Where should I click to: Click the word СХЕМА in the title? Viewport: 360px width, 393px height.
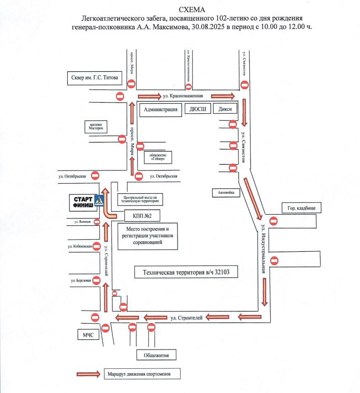click(x=192, y=10)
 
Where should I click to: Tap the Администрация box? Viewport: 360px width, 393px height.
click(x=161, y=110)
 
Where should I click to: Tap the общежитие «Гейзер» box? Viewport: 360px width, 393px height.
click(x=158, y=157)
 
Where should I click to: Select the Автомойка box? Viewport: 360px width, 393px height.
click(x=226, y=193)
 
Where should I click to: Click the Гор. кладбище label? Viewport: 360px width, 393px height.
click(x=299, y=208)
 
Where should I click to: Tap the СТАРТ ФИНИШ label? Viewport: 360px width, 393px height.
click(x=82, y=202)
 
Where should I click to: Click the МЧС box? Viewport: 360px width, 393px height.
click(x=88, y=335)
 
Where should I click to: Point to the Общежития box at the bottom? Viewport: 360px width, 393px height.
click(x=156, y=355)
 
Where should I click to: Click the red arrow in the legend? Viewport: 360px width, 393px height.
click(x=88, y=374)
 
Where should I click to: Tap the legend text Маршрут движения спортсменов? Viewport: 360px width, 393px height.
click(x=141, y=374)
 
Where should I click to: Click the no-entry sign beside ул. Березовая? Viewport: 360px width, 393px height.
click(x=96, y=281)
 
